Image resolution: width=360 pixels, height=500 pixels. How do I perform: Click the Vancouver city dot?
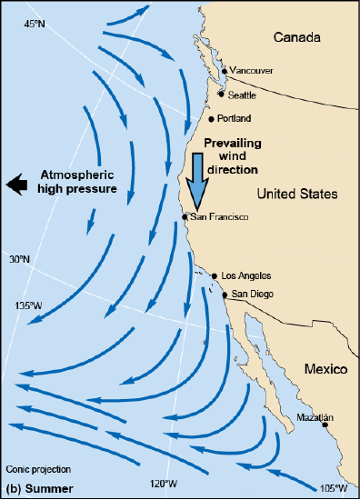tap(225, 70)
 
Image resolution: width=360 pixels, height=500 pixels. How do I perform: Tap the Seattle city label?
tap(243, 95)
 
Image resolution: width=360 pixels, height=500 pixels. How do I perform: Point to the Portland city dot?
tap(211, 118)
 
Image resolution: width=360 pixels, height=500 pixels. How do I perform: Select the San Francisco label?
tap(219, 217)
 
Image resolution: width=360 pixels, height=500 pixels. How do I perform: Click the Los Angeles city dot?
tap(215, 275)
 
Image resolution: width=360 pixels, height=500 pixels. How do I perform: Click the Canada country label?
tap(297, 38)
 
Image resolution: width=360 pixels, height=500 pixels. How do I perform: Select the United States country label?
tap(297, 194)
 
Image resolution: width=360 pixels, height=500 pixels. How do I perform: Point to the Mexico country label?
tap(327, 369)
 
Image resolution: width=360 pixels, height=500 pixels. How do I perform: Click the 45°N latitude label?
tap(34, 24)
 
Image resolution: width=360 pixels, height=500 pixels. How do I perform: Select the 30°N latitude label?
tap(21, 259)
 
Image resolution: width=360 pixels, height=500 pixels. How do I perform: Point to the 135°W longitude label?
tap(30, 305)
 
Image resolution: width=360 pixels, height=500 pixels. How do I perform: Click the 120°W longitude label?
tap(164, 483)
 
